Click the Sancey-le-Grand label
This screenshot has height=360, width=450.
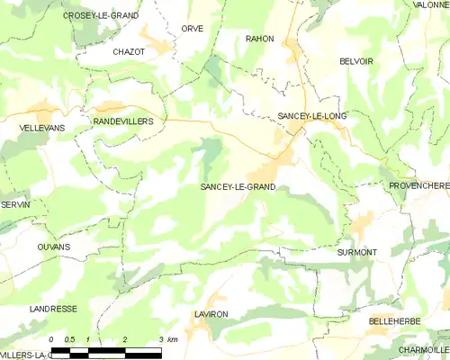(238, 187)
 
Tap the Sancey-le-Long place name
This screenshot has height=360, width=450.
(311, 117)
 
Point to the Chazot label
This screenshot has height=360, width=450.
(129, 52)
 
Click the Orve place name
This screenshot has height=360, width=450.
(192, 29)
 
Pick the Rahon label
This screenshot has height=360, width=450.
(259, 39)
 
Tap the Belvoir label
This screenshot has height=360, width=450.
(356, 61)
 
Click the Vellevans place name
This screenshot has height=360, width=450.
(41, 129)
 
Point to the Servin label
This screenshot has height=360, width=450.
(15, 205)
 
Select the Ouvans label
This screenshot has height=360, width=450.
(54, 246)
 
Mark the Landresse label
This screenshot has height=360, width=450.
(53, 309)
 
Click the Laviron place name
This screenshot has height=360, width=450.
(211, 314)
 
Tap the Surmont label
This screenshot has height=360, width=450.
(357, 253)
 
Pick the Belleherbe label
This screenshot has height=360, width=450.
(395, 321)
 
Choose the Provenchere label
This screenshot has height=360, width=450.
(418, 185)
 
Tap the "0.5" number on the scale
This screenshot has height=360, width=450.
(69, 339)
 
